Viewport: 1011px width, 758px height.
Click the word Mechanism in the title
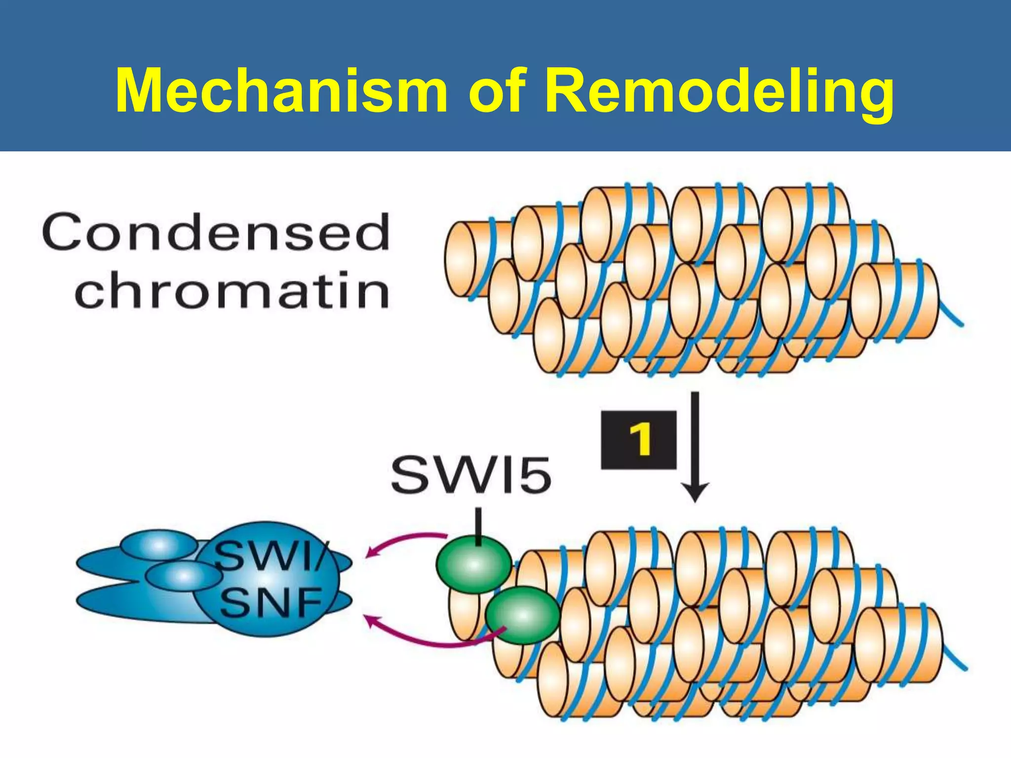pos(281,91)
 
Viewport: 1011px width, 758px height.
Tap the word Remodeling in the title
pos(719,91)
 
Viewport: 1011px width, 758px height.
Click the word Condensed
pos(216,232)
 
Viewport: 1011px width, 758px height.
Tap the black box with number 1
pos(638,439)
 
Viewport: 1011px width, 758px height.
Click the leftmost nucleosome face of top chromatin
pos(460,259)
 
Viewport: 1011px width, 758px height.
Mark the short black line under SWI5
pos(478,526)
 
